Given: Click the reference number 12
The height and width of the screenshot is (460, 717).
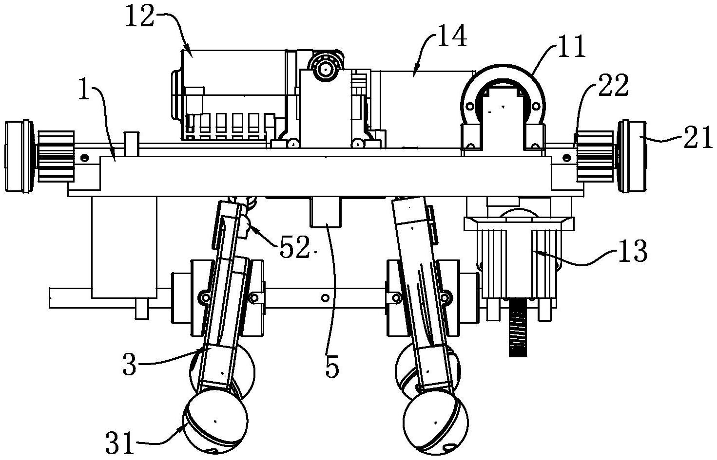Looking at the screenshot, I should (x=140, y=17).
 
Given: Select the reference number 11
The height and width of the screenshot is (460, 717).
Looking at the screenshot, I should (x=569, y=50).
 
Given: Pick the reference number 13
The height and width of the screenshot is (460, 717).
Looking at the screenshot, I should (x=632, y=252).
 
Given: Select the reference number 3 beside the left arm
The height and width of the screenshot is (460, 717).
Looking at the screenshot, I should (x=130, y=365).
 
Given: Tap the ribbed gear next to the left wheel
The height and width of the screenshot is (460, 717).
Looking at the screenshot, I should (x=56, y=157).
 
